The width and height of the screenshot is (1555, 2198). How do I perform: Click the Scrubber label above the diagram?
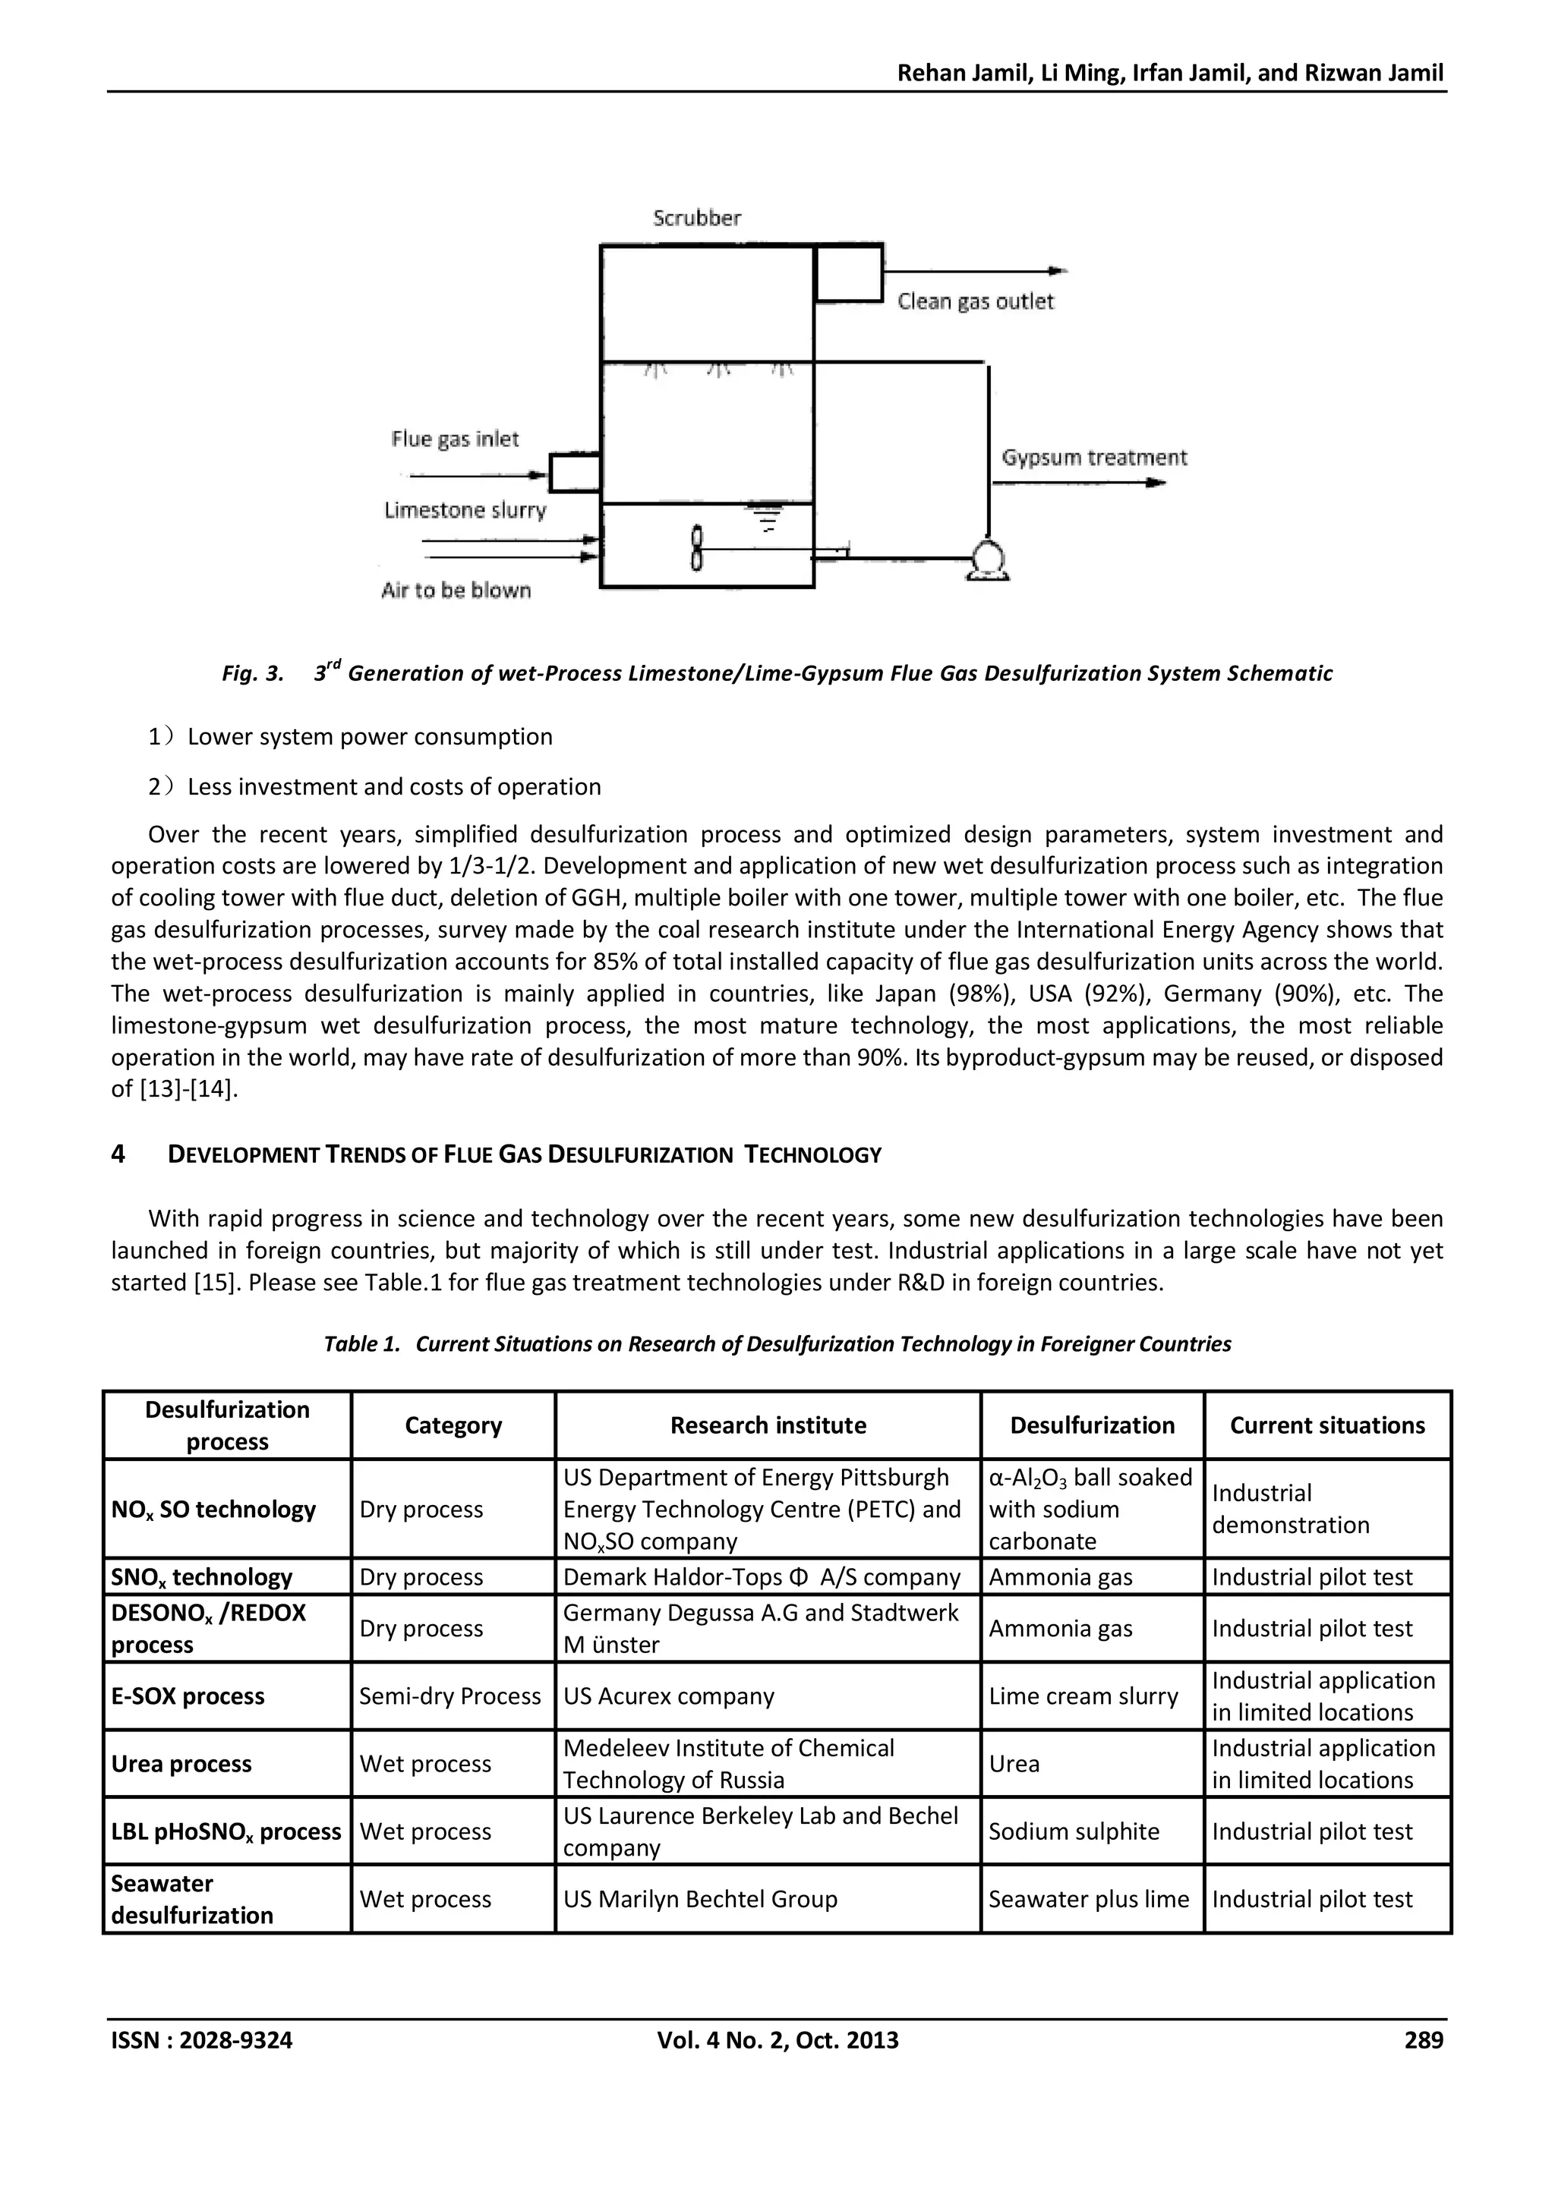click(x=697, y=219)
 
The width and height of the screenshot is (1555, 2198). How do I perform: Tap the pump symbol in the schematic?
click(x=987, y=560)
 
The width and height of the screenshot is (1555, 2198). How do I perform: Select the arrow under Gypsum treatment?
click(x=1078, y=483)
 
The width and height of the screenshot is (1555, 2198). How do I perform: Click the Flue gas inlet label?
click(x=455, y=439)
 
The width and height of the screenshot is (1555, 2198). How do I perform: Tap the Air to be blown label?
click(x=456, y=590)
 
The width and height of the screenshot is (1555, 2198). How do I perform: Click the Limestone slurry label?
click(x=465, y=510)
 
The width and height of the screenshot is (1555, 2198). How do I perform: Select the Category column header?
click(x=453, y=1425)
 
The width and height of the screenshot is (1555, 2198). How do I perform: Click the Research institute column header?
click(x=768, y=1425)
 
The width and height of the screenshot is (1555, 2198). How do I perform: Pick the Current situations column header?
click(x=1327, y=1425)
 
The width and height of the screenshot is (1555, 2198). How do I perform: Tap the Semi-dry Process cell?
click(x=450, y=1696)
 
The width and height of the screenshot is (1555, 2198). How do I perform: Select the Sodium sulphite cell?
click(x=1074, y=1831)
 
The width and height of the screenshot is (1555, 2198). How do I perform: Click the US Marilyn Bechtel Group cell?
click(x=700, y=1899)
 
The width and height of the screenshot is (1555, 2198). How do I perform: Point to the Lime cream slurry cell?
click(x=1083, y=1696)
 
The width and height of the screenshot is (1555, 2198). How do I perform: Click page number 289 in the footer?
click(x=1423, y=2040)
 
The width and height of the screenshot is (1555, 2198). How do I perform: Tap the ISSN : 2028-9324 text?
click(x=202, y=2040)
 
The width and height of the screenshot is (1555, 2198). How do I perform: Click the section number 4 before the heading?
click(x=118, y=1154)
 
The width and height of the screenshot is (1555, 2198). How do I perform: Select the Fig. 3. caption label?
click(x=253, y=674)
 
